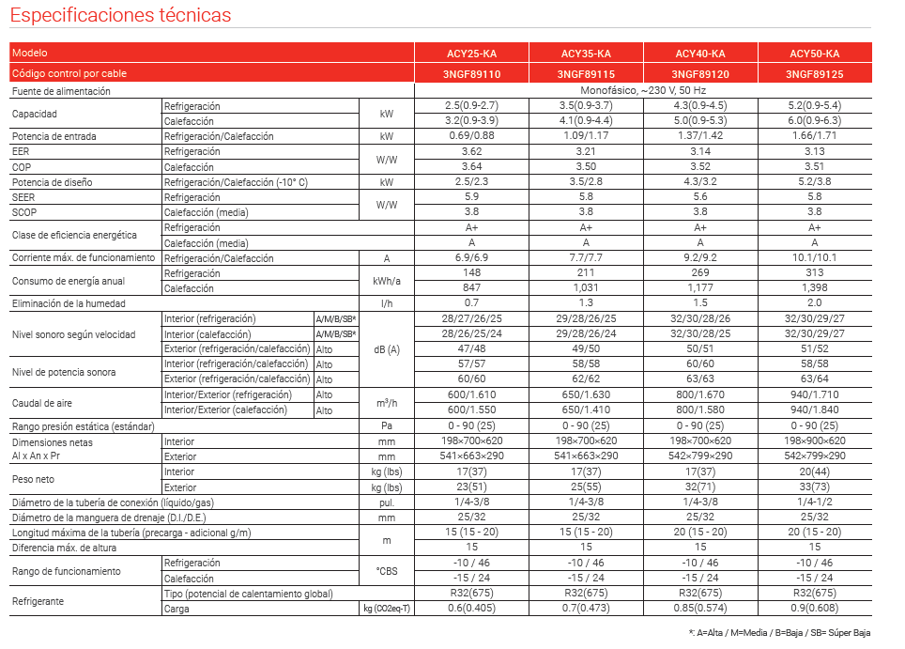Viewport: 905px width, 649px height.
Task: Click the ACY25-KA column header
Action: tap(471, 54)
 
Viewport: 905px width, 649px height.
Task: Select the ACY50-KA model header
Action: tap(814, 54)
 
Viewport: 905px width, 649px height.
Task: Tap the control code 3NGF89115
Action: tap(586, 73)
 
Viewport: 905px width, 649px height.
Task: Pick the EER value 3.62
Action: tap(471, 151)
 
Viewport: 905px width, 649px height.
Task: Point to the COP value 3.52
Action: tap(700, 167)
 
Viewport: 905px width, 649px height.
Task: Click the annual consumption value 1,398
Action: tap(814, 288)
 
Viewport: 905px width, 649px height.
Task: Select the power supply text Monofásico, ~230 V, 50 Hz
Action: tap(643, 91)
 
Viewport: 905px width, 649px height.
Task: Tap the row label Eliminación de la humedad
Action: tap(82, 303)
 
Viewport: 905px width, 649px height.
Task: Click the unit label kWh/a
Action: tap(386, 281)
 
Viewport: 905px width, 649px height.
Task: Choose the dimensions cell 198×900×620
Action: tap(814, 440)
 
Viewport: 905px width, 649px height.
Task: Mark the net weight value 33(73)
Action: tap(814, 487)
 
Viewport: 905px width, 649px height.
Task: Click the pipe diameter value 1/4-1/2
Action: tap(814, 502)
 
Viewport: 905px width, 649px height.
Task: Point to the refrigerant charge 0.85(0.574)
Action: tap(700, 609)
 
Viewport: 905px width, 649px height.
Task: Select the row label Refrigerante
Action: tap(38, 601)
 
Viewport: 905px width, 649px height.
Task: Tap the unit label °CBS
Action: tap(386, 571)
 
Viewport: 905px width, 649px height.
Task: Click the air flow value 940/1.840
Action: tap(814, 410)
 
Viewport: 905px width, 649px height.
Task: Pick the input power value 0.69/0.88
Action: tap(471, 136)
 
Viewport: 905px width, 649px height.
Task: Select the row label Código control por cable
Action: tap(69, 73)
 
